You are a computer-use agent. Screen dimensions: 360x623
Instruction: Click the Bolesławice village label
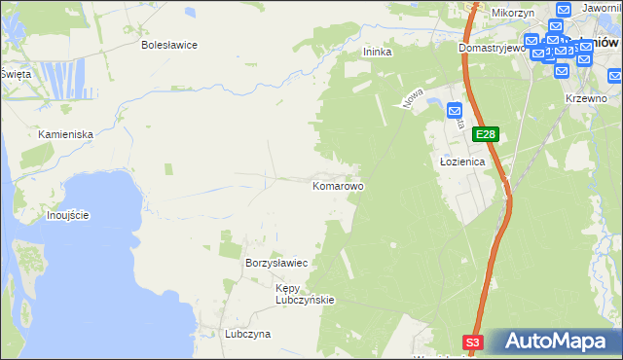tap(169, 45)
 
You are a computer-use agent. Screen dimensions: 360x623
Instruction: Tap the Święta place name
tap(15, 73)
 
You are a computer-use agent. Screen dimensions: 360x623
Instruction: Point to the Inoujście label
tap(68, 214)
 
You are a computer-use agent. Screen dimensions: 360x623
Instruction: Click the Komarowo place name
tap(338, 185)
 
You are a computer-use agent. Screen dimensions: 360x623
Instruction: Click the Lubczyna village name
tap(247, 334)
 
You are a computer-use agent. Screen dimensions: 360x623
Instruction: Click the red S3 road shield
tap(472, 342)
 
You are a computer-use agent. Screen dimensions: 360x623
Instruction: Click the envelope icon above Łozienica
tap(455, 112)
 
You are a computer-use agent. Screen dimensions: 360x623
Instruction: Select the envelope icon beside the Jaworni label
tap(562, 9)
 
